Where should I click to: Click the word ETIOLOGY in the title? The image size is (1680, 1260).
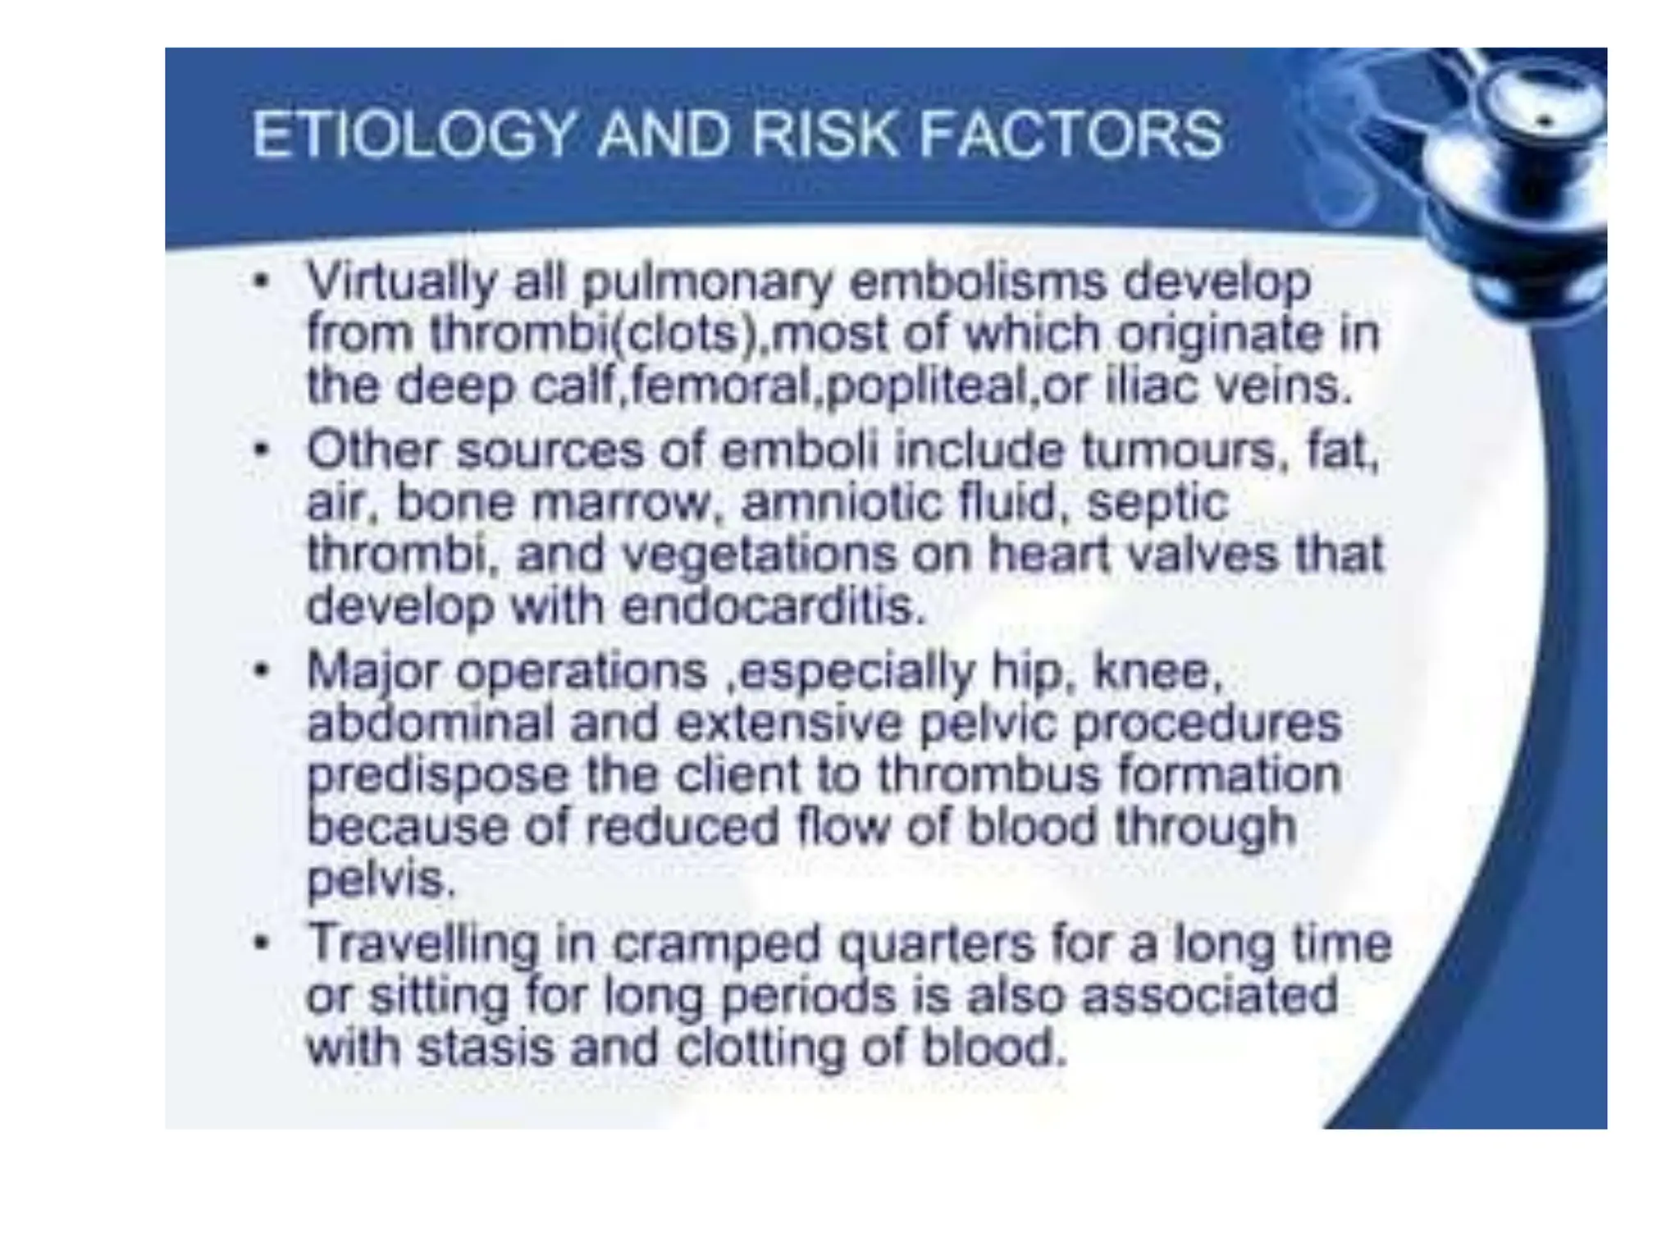click(x=413, y=135)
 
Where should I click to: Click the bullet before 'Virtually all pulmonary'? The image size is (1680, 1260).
click(x=261, y=283)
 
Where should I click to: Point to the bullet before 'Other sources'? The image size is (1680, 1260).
click(x=261, y=450)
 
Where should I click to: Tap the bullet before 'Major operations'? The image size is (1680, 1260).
click(x=261, y=671)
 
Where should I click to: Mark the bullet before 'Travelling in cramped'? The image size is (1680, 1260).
click(x=261, y=943)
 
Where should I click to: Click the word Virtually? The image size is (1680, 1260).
click(x=401, y=283)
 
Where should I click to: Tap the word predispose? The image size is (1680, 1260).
click(x=438, y=776)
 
